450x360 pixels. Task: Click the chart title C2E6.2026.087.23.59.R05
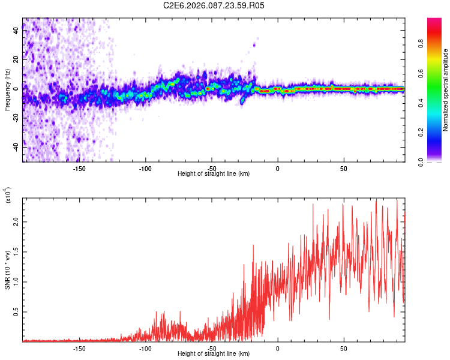click(x=214, y=5)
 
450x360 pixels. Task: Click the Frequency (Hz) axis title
click(x=7, y=90)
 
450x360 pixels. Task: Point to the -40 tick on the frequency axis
click(x=16, y=146)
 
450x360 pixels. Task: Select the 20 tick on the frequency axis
click(x=16, y=59)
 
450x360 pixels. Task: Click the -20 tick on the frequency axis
click(x=16, y=118)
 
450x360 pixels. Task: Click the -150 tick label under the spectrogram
click(x=79, y=169)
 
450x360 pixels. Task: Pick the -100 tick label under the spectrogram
click(x=145, y=169)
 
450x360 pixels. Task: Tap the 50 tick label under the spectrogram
click(x=343, y=169)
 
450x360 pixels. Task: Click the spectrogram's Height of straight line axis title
click(x=214, y=174)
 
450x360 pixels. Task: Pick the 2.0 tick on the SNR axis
click(x=16, y=221)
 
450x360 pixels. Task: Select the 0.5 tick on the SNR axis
click(x=16, y=312)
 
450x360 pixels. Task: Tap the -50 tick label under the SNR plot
click(x=211, y=348)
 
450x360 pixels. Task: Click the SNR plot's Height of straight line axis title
click(x=214, y=354)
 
